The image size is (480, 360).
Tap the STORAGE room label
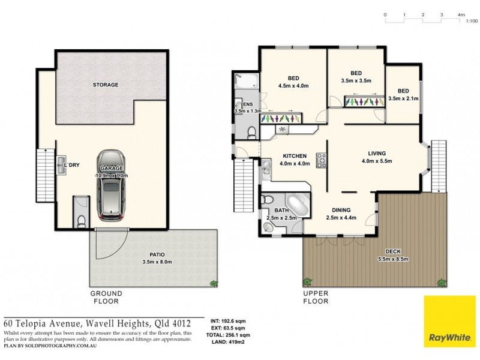click(106, 85)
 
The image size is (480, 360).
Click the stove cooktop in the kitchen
click(321, 160)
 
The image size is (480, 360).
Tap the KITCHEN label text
click(295, 156)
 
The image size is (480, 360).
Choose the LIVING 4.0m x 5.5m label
click(377, 157)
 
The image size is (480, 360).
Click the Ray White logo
click(449, 322)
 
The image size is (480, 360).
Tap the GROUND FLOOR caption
click(106, 298)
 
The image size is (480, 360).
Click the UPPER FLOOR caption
click(316, 298)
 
